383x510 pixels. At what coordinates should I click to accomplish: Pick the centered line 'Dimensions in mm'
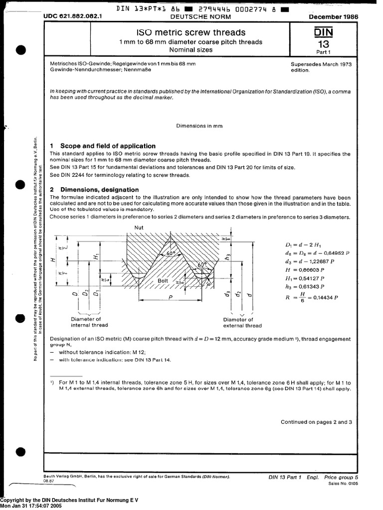click(199, 126)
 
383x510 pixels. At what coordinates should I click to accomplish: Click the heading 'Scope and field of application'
click(108, 146)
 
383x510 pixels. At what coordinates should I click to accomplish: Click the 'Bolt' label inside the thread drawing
click(163, 281)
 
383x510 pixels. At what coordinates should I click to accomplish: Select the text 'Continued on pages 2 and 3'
click(316, 422)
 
